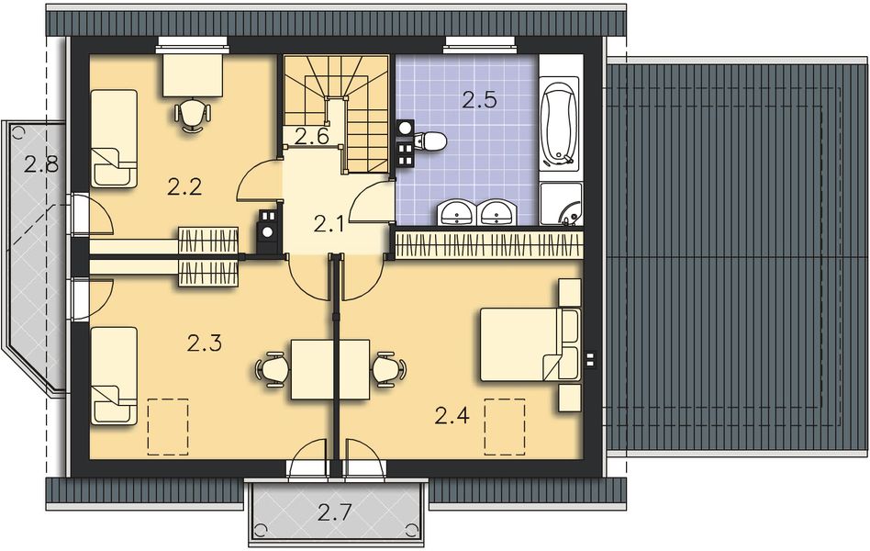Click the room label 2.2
184,187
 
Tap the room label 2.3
204,343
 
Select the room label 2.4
452,415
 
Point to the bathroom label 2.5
479,100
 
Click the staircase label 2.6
312,136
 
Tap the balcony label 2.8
41,164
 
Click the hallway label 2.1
329,224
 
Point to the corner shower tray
561,205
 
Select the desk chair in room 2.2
192,115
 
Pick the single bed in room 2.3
114,376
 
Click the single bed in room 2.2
114,139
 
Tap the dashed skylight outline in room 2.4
505,427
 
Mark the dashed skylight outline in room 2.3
168,427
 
